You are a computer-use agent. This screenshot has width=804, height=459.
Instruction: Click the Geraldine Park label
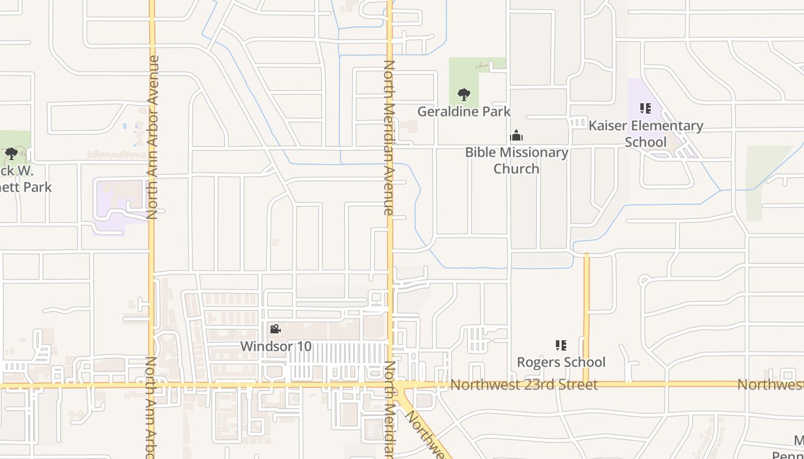click(x=463, y=111)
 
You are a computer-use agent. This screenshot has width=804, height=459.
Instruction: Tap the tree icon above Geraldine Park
click(x=463, y=95)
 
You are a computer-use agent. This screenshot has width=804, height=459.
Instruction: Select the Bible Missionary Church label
click(x=516, y=160)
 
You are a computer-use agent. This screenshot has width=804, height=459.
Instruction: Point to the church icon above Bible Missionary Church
click(x=516, y=136)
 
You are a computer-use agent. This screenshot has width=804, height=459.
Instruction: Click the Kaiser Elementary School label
click(x=645, y=134)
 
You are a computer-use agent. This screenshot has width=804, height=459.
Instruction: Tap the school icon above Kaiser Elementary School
click(x=645, y=108)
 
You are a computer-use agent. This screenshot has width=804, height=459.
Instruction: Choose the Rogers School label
click(x=561, y=362)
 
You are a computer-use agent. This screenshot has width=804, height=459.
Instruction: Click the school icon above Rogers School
click(x=561, y=345)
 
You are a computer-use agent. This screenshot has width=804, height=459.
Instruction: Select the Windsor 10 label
click(x=276, y=347)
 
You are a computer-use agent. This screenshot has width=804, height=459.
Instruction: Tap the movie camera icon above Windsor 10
click(x=275, y=329)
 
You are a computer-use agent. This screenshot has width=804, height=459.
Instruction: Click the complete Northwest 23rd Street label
click(x=524, y=384)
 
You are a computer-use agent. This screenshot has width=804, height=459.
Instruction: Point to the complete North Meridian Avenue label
click(x=389, y=138)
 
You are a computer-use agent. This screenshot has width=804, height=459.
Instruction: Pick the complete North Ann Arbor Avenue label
click(x=152, y=138)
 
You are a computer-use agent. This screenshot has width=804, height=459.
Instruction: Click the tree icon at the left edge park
click(x=11, y=154)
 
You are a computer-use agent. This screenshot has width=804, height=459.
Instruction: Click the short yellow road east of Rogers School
click(x=586, y=316)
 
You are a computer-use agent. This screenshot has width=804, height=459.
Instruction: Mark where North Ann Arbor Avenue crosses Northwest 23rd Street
click(x=152, y=385)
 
